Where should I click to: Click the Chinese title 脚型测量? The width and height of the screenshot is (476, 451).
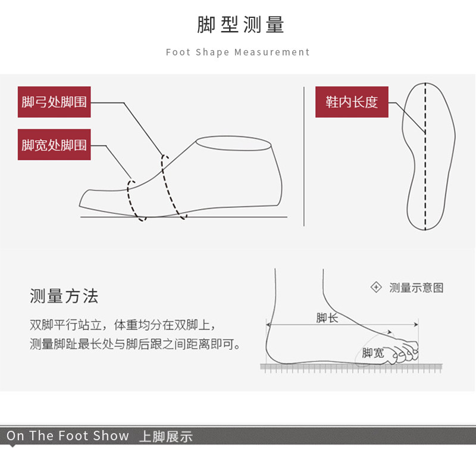[x=240, y=25]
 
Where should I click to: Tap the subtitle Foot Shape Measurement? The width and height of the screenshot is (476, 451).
[x=238, y=52]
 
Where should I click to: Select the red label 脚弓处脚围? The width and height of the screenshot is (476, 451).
[x=54, y=102]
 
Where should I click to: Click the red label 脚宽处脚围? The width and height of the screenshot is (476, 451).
[x=54, y=145]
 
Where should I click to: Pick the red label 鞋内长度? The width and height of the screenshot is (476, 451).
[x=352, y=102]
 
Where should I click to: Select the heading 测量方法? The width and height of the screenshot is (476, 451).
[x=64, y=296]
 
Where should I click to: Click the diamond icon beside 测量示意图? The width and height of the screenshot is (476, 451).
[x=376, y=288]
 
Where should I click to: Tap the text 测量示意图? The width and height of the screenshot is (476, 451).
[x=416, y=288]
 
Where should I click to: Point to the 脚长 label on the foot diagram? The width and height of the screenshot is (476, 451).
[x=327, y=318]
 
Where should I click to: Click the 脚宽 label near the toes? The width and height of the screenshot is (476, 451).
[x=372, y=353]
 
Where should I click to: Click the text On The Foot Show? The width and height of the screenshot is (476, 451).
[x=68, y=436]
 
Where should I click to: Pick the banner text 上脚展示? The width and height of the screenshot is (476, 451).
[x=165, y=437]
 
